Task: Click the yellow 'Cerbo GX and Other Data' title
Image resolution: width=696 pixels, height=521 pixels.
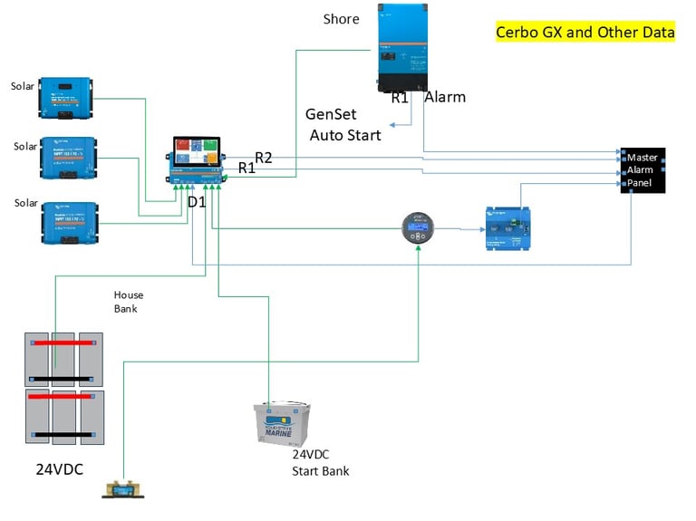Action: click(x=585, y=33)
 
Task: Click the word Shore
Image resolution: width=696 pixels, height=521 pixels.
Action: click(x=341, y=19)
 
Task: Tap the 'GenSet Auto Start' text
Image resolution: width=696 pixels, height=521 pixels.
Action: click(x=344, y=125)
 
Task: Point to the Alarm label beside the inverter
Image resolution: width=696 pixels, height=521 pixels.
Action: click(x=445, y=96)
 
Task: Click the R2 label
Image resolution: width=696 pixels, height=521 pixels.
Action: click(x=264, y=158)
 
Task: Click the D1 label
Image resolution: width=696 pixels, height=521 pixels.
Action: click(x=197, y=202)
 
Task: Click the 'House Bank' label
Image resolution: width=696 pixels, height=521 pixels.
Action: click(x=128, y=302)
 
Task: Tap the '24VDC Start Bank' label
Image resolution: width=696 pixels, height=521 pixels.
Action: click(x=320, y=463)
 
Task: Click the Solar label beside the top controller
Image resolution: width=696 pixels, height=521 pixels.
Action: click(x=24, y=87)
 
